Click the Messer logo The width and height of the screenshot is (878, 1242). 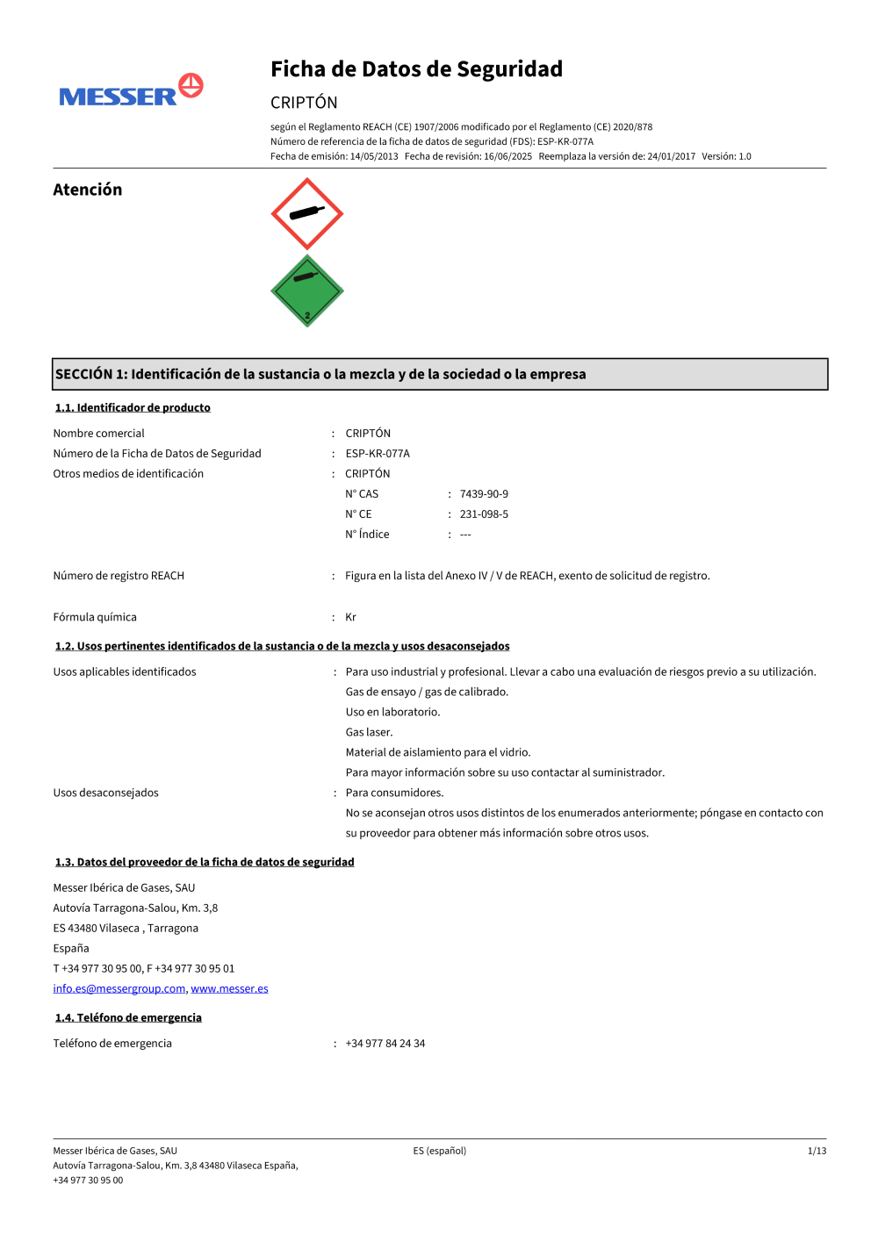coord(131,91)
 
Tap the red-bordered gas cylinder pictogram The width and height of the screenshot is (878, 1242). coord(306,213)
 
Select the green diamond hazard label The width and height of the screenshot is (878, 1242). coord(306,291)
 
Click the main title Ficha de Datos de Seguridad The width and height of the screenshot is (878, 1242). coord(416,69)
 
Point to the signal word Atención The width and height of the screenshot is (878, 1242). coord(88,190)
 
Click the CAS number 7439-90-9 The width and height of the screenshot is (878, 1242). coord(484,494)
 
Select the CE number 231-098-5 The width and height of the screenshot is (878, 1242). coord(484,514)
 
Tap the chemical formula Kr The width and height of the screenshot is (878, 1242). coord(350,617)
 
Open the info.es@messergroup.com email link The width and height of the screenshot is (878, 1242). coord(119,988)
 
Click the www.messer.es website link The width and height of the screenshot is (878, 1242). coord(229,988)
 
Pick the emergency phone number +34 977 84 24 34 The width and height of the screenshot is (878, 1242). coord(385,1044)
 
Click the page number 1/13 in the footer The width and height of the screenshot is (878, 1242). coord(817,1151)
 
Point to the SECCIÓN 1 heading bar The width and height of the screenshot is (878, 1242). coord(439,374)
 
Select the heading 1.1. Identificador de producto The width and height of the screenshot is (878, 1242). coord(133,407)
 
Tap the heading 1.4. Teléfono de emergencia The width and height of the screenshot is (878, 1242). coord(128,1017)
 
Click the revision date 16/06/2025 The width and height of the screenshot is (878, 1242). coord(507,156)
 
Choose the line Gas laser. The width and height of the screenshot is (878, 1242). coord(369,732)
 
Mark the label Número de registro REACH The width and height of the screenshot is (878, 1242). coord(119,576)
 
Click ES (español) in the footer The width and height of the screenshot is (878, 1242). coord(440,1151)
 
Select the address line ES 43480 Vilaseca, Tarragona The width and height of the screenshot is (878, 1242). coord(126,928)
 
